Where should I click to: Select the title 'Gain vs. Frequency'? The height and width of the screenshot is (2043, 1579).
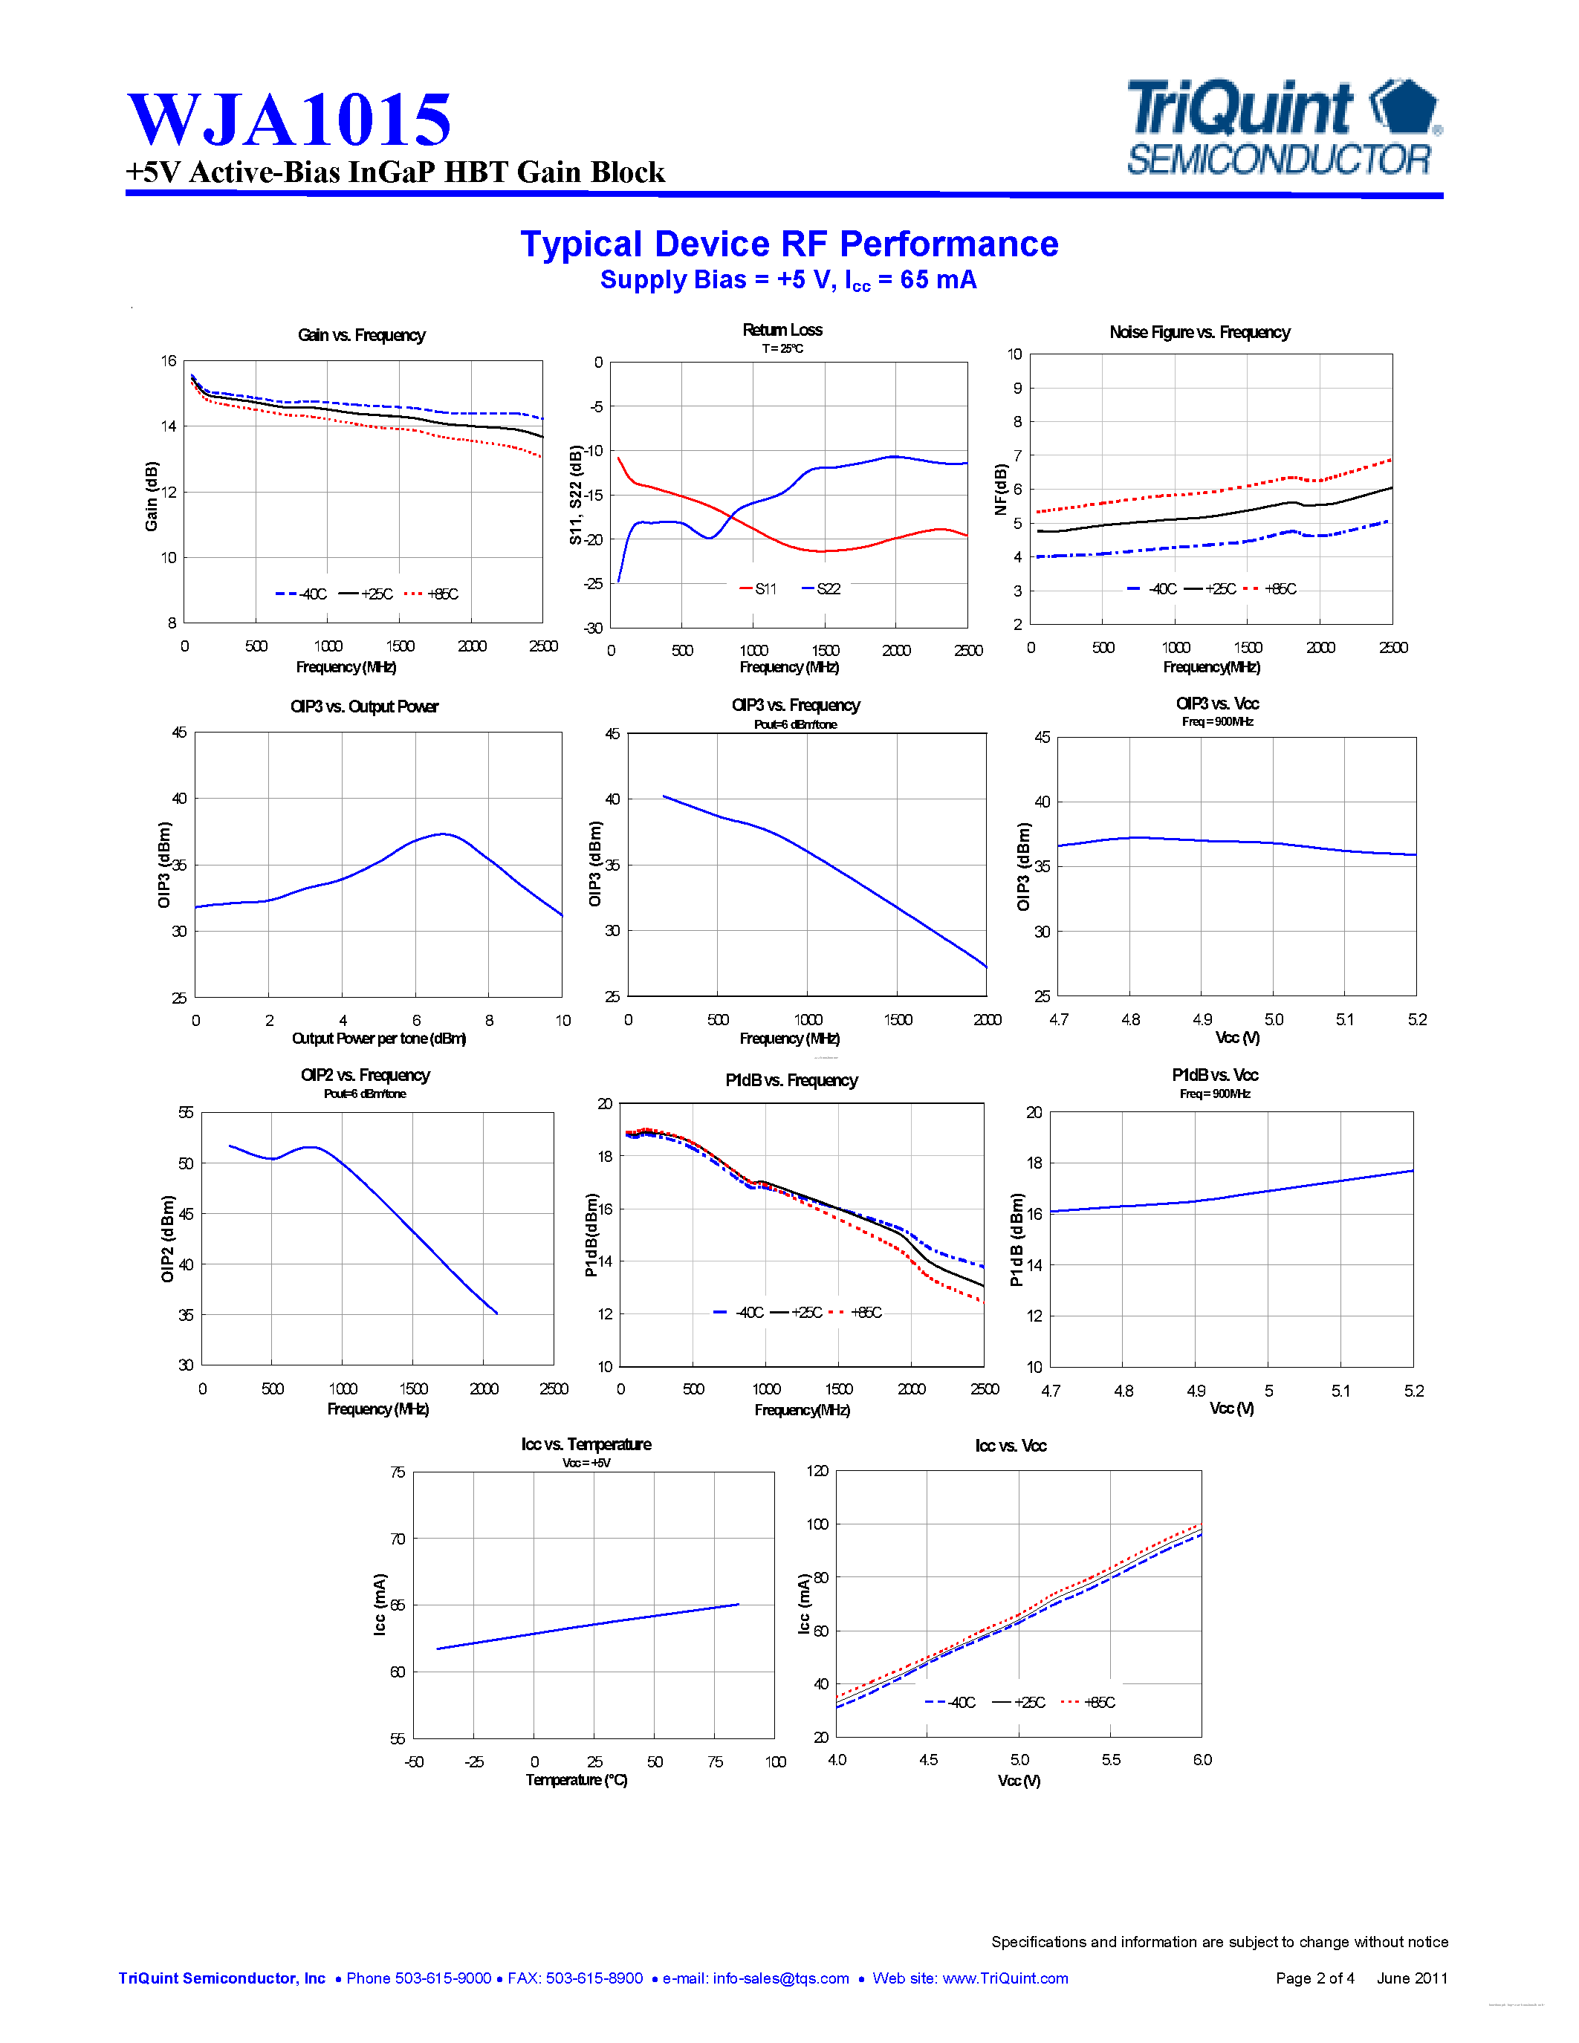tap(361, 335)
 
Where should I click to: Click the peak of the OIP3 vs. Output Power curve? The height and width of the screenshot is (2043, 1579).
tap(444, 834)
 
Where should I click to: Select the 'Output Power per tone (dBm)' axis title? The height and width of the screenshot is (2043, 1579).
tap(379, 1039)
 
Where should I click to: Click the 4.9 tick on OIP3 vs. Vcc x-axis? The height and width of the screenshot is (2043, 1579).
tap(1202, 1019)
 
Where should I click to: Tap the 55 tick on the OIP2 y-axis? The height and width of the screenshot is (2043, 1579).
tap(187, 1112)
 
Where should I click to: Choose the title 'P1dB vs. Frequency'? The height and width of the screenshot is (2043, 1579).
tap(791, 1080)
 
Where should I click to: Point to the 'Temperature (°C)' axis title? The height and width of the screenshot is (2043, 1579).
tap(576, 1779)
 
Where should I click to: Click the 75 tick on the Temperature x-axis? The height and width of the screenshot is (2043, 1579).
tap(715, 1761)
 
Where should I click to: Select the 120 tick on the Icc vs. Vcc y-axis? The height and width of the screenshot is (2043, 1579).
tap(817, 1470)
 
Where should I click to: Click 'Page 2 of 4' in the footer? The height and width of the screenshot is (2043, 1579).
tap(1314, 1978)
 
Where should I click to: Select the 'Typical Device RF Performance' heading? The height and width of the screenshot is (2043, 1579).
tap(789, 244)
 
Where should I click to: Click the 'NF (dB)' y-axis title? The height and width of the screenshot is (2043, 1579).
tap(1001, 490)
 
